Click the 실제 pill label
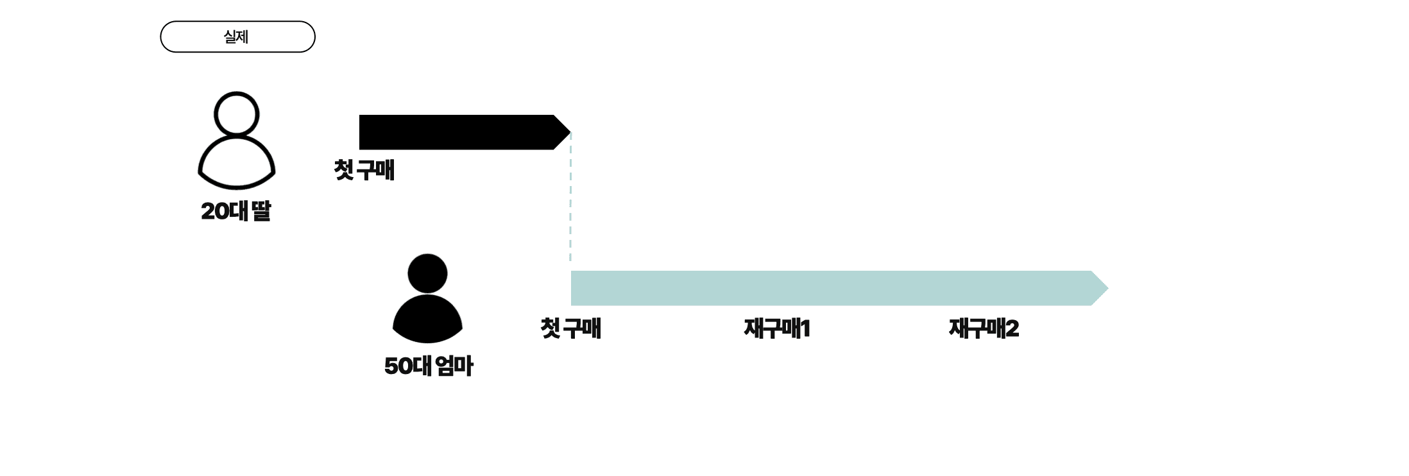tap(237, 37)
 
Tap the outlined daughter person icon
tap(236, 141)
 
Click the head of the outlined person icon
tap(236, 114)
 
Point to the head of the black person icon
tap(427, 273)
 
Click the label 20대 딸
tap(235, 211)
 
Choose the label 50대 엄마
tap(429, 366)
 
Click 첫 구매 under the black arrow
tap(364, 171)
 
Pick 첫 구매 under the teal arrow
tap(570, 328)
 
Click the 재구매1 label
tap(776, 328)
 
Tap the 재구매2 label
tap(984, 328)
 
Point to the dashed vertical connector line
tap(570, 199)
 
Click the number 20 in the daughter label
tap(215, 211)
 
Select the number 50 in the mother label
tap(398, 366)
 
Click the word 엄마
tap(454, 366)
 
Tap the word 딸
tap(261, 211)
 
